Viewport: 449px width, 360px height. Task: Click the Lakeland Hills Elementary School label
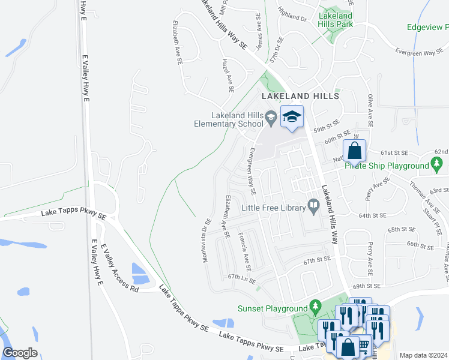237,119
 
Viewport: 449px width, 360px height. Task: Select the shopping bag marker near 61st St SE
354,151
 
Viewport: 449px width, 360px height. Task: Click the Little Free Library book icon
313,206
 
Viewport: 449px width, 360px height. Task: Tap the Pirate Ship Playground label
387,166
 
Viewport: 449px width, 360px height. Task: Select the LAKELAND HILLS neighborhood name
300,96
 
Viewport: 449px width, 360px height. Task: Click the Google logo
20,353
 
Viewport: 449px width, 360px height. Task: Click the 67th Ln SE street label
242,278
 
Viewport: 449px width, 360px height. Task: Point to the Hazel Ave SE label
227,76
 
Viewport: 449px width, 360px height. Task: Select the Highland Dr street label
292,15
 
